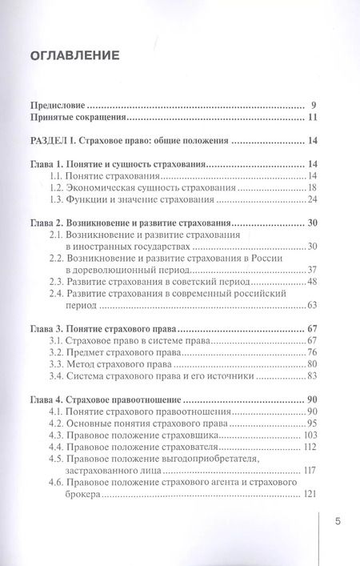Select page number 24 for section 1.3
click(313, 199)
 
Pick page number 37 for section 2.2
click(313, 269)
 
